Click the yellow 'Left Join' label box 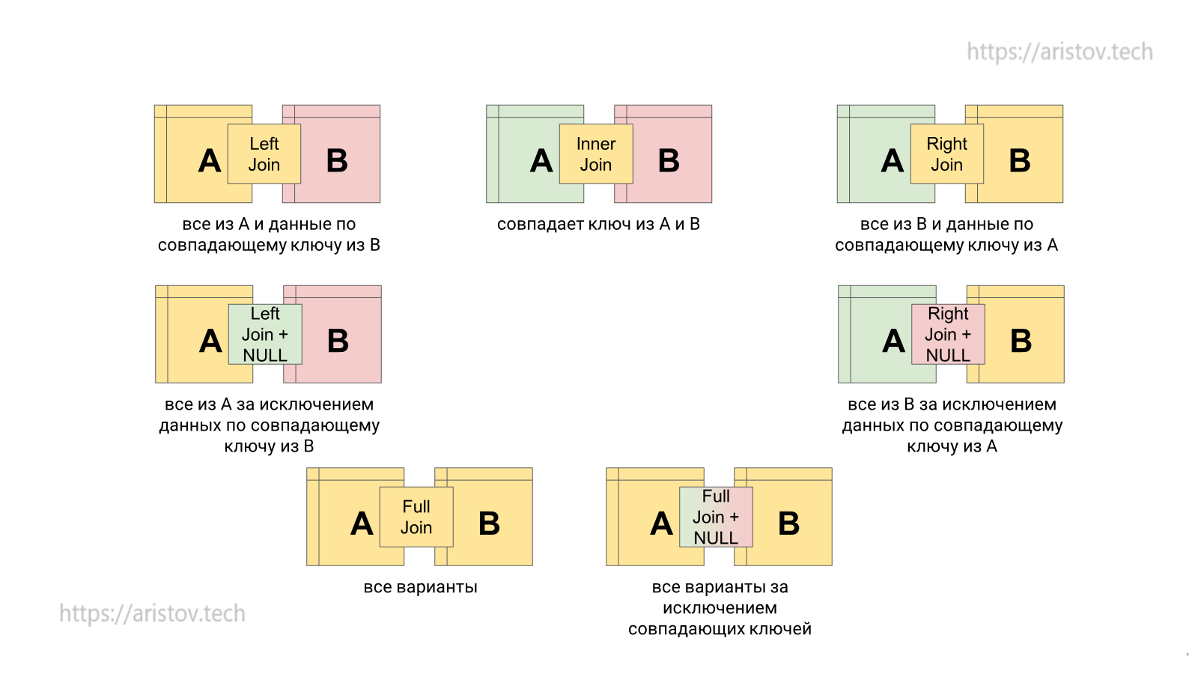(264, 154)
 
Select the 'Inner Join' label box (596, 154)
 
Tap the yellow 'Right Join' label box (946, 154)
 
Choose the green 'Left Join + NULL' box (265, 334)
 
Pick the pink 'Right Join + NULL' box (948, 334)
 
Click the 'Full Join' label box (416, 517)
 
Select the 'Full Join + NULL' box (716, 517)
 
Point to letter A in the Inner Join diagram (541, 161)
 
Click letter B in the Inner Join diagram (669, 161)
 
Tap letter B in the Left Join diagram (337, 161)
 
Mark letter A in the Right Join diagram (893, 161)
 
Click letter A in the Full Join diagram (362, 523)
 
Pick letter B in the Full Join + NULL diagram (788, 523)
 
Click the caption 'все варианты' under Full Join (420, 587)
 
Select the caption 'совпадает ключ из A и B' (598, 224)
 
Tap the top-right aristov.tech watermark (1059, 52)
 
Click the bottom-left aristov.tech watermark (152, 613)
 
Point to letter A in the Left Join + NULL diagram (210, 341)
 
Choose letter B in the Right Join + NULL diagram (1021, 341)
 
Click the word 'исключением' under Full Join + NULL (720, 608)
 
